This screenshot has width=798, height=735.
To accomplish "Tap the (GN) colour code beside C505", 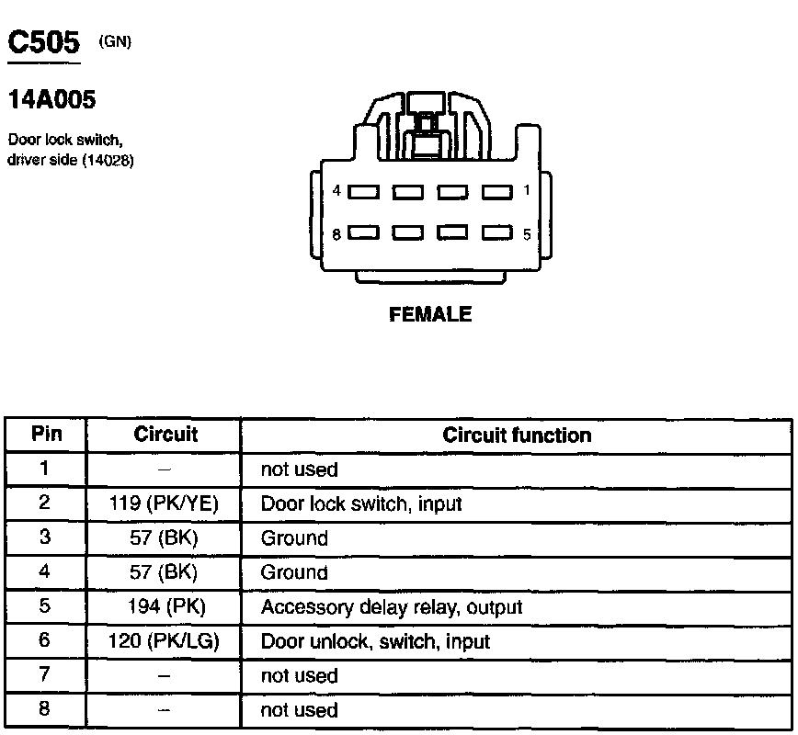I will click(115, 41).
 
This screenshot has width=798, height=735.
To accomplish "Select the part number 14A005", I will click(51, 99).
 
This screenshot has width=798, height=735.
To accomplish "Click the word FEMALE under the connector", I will click(430, 315).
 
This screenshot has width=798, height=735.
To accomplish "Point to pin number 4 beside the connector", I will click(337, 191).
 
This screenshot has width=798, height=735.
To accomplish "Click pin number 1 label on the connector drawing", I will click(526, 191).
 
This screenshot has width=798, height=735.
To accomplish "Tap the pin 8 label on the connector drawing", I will click(336, 234).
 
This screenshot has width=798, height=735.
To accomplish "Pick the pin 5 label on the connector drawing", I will click(527, 234).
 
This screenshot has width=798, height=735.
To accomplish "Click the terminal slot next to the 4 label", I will click(363, 193).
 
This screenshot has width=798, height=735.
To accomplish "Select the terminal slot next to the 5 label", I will click(497, 233).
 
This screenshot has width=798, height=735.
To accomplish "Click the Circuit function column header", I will click(517, 435).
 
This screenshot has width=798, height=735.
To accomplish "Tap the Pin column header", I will click(46, 435).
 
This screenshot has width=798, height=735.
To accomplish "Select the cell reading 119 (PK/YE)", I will click(165, 503).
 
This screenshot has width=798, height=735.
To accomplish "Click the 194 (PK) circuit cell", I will click(165, 607).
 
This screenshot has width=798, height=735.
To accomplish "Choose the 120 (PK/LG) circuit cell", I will click(165, 641).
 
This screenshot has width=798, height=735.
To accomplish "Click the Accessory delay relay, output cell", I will click(392, 607).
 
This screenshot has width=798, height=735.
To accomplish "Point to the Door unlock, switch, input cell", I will click(375, 641).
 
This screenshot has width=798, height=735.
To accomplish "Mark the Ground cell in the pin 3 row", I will click(294, 538).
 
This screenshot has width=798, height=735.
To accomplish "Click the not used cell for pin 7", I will click(299, 676).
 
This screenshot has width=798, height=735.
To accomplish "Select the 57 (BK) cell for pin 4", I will click(165, 572).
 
